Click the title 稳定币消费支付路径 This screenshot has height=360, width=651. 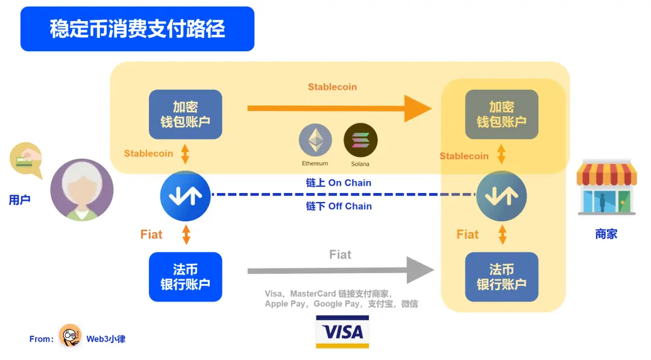click(x=137, y=28)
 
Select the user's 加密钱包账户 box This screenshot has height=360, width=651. click(x=185, y=115)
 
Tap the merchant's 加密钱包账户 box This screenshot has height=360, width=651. click(x=502, y=115)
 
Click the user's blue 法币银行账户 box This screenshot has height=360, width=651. click(x=185, y=277)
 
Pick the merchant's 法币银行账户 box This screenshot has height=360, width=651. click(x=502, y=277)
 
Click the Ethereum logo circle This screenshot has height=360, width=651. click(x=315, y=141)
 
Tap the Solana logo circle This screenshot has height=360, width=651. click(x=360, y=141)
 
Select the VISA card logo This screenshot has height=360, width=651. click(x=342, y=332)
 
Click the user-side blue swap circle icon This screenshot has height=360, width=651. click(x=185, y=195)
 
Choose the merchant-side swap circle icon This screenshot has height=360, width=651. click(x=502, y=195)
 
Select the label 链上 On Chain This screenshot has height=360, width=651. click(x=339, y=183)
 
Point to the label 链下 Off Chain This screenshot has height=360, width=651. click(x=339, y=206)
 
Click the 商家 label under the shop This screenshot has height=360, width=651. click(x=606, y=234)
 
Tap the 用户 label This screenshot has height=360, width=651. click(x=19, y=200)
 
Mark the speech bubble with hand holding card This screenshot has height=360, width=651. click(x=26, y=160)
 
